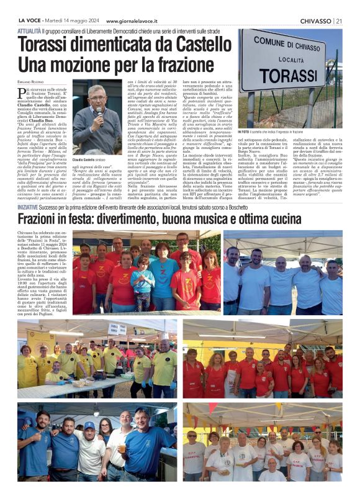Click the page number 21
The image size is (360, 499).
click(x=339, y=21)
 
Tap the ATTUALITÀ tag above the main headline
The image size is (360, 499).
click(x=30, y=30)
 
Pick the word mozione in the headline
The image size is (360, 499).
click(x=94, y=65)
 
